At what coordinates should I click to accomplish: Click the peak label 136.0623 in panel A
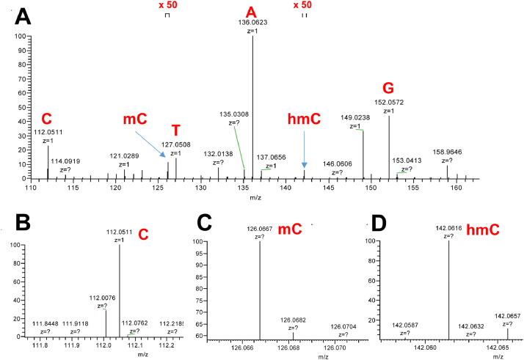pos(252,23)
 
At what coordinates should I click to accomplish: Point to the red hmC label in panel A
pos(304,119)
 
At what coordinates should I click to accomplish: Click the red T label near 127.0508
pos(175,130)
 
